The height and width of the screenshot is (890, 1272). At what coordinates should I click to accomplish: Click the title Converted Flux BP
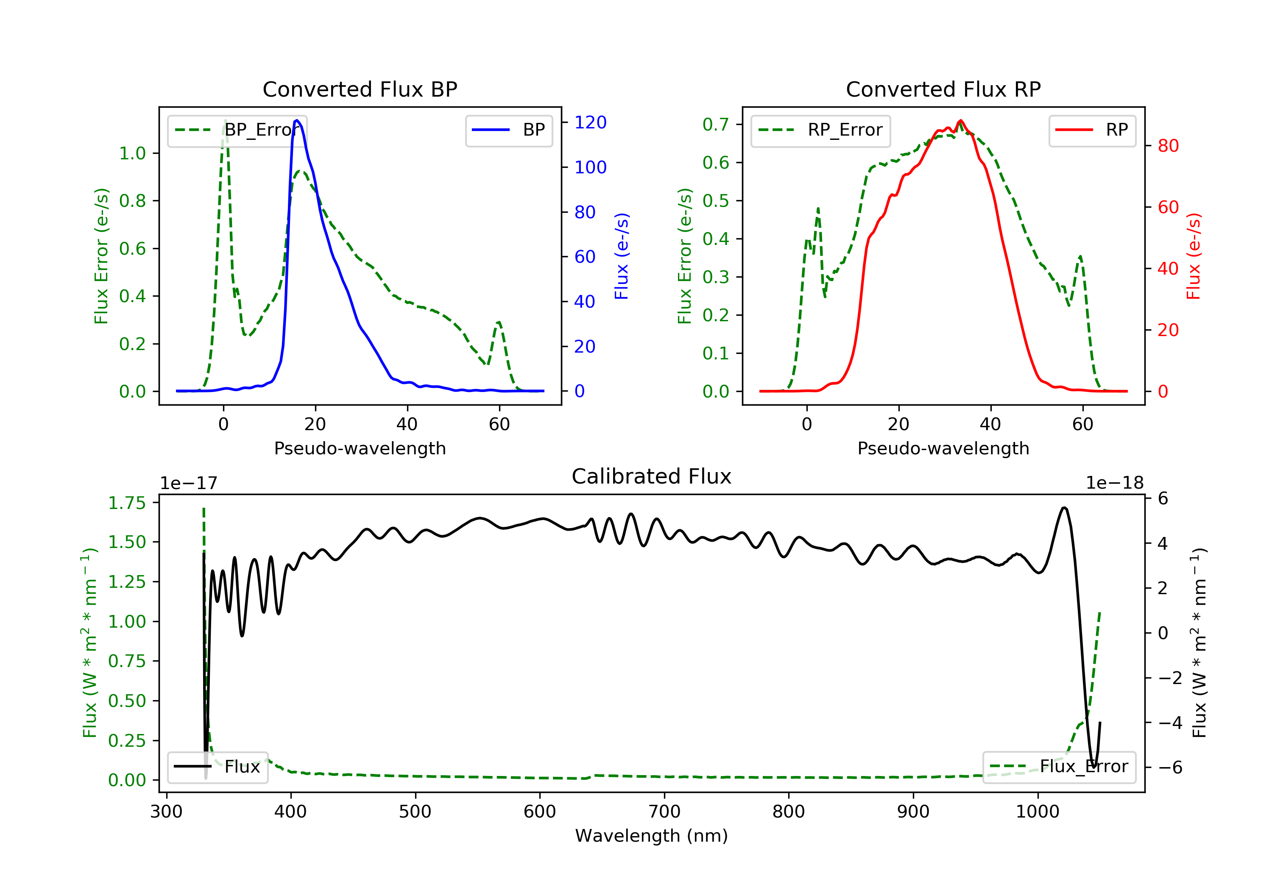[x=360, y=89]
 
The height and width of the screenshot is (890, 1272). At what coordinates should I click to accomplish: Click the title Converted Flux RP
[x=943, y=89]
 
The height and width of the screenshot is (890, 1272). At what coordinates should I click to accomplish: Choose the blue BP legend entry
[x=508, y=130]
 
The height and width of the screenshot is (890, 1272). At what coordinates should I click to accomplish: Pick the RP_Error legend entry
[x=820, y=130]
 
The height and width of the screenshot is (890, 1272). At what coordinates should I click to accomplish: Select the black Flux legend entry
[x=217, y=767]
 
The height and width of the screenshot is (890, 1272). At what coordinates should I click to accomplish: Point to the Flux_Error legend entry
[x=1059, y=767]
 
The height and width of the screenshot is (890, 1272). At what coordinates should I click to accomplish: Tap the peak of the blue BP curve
[x=297, y=120]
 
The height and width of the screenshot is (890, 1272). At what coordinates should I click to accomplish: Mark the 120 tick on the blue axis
[x=590, y=122]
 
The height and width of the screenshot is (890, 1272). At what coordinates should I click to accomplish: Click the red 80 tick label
[x=1168, y=146]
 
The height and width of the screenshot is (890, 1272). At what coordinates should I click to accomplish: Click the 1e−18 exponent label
[x=1114, y=483]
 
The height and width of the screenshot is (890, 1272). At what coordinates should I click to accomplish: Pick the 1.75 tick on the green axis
[x=126, y=503]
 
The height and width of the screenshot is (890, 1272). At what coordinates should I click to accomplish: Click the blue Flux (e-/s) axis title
[x=622, y=256]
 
